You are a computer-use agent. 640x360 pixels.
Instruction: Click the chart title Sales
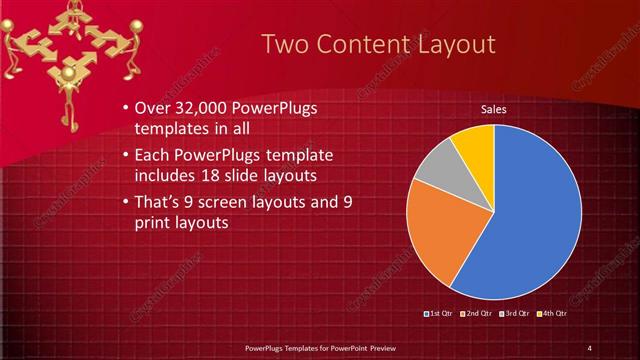pyautogui.click(x=493, y=109)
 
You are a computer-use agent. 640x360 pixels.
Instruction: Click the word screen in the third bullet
pyautogui.click(x=233, y=202)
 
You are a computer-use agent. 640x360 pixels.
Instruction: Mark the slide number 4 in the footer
pyautogui.click(x=590, y=347)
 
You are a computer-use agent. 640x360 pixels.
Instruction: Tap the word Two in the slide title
pyautogui.click(x=285, y=44)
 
